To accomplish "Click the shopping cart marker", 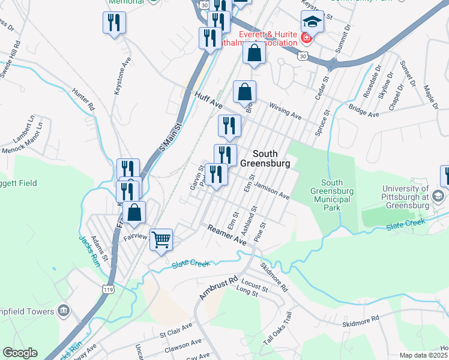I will point(161,240).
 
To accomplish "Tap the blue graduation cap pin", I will point(312,22).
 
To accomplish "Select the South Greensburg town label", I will point(265,158).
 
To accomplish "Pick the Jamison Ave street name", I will point(272,191).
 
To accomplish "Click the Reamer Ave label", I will point(228,235).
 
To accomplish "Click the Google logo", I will point(20,353).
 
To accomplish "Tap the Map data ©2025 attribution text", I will point(423,355).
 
